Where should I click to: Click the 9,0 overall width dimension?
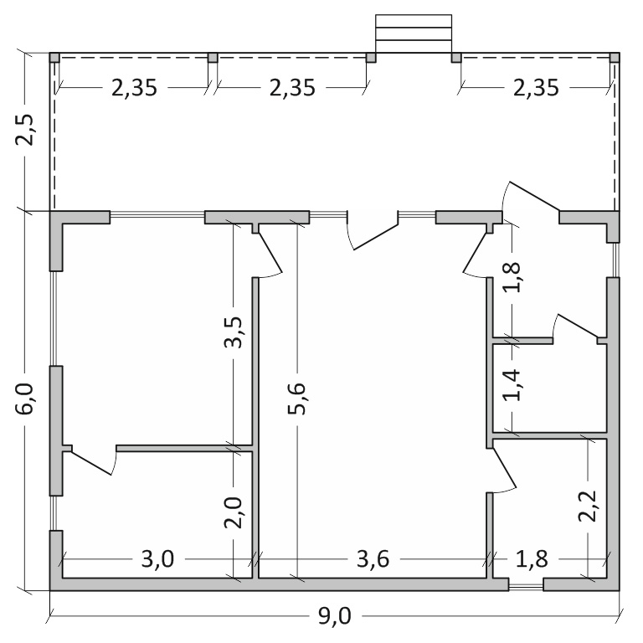coord(335,615)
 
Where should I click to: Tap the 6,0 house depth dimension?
coord(24,399)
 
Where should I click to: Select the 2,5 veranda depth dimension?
coord(24,130)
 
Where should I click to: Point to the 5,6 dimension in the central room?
coord(296,399)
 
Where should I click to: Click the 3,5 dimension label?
coord(234,332)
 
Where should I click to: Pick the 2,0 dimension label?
coord(234,512)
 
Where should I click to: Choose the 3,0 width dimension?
coord(158,558)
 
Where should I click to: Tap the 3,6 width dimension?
coord(373,558)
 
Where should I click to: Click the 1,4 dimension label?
coord(512,384)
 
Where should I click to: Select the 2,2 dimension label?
coord(587,506)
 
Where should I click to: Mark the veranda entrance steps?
coord(414,34)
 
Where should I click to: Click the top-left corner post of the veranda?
coord(54,58)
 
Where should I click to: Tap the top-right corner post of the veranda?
coord(615,58)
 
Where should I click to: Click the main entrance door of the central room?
coord(373,230)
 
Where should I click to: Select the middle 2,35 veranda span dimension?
coord(292,88)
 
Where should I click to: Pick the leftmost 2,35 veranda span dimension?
coord(135,88)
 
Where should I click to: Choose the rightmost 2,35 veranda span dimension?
coord(536,88)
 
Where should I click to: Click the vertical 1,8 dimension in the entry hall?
coord(512,277)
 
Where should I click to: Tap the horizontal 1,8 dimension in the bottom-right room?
coord(532,558)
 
